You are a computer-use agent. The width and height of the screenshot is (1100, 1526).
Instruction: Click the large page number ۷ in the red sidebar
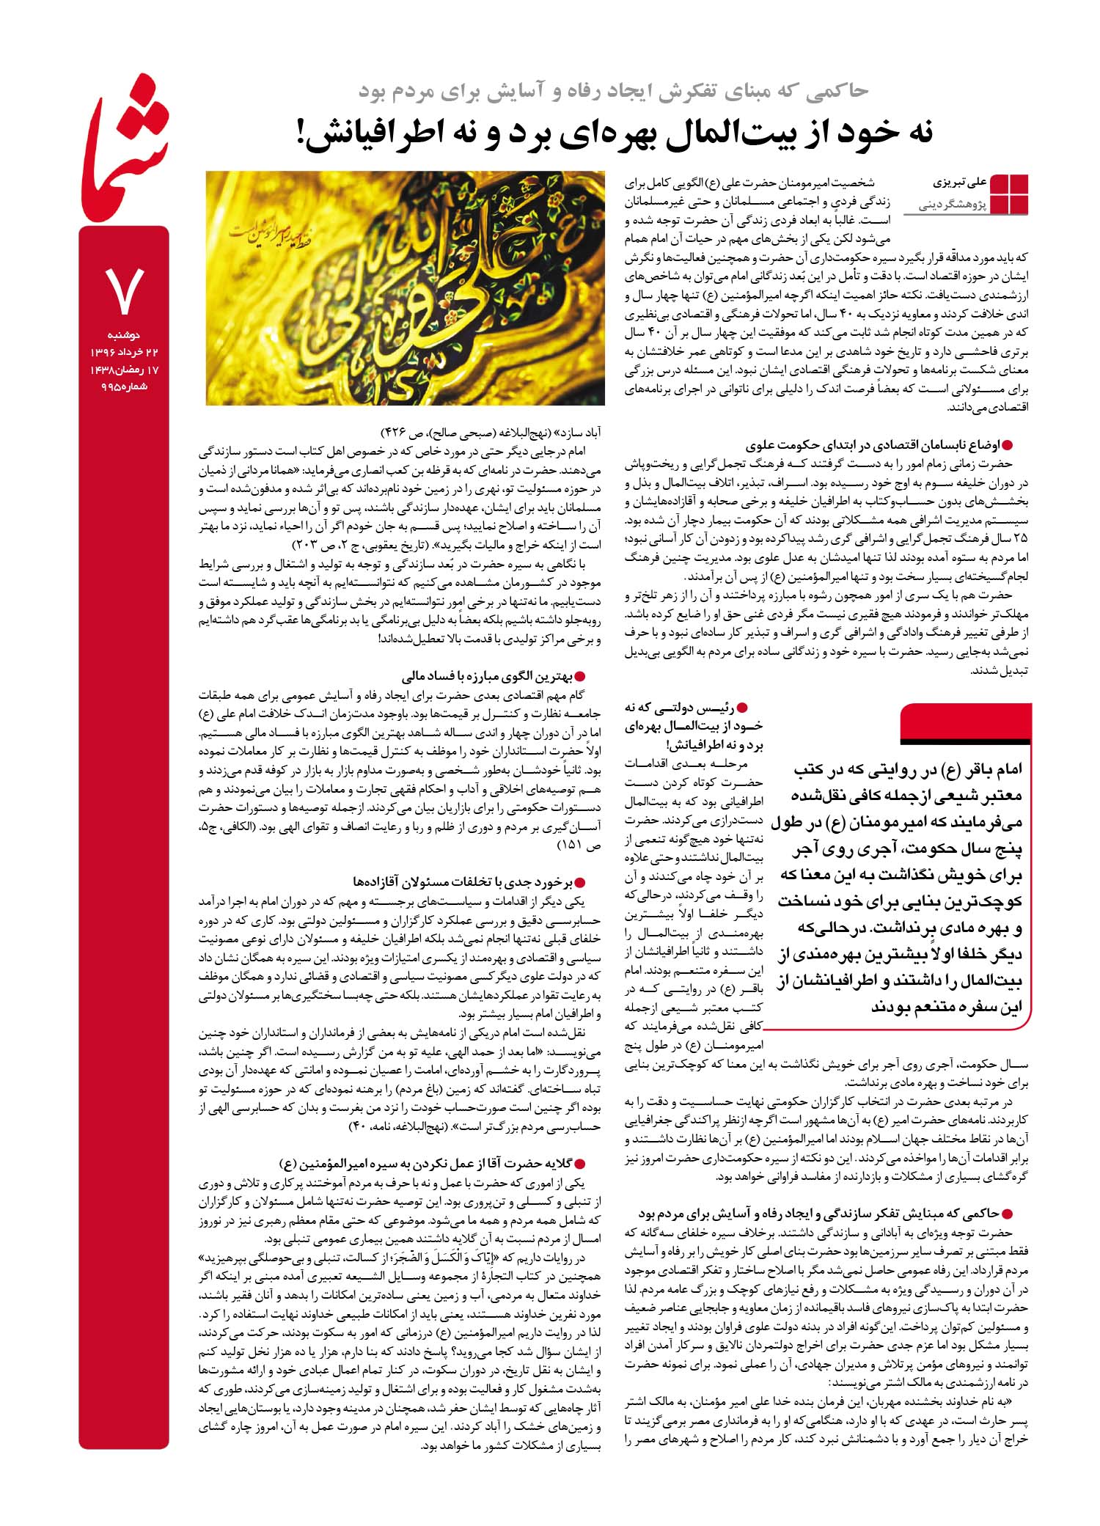click(123, 291)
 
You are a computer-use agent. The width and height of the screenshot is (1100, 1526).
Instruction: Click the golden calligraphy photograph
click(405, 287)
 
